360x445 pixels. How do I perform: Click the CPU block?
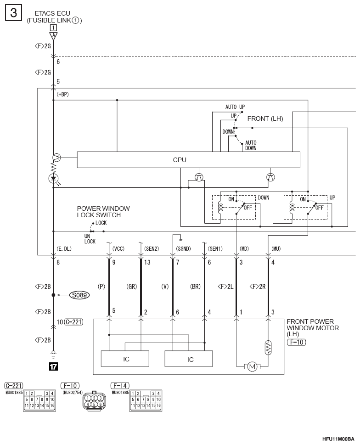point(188,160)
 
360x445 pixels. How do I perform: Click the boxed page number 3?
point(13,13)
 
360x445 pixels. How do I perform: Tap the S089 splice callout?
point(79,295)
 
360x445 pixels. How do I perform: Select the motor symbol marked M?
point(252,366)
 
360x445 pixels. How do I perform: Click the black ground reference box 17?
point(53,366)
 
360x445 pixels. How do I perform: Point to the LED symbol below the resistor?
point(53,179)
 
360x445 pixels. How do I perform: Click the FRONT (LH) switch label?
point(265,118)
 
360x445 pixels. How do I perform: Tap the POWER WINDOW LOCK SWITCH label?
point(103,212)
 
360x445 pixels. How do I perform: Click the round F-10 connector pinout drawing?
point(94,401)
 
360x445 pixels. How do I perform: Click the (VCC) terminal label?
point(118,249)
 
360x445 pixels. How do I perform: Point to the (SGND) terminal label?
point(183,249)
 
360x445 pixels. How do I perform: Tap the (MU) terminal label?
point(276,249)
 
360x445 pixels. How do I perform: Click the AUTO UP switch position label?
point(235,107)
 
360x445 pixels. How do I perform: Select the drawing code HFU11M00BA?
point(338,439)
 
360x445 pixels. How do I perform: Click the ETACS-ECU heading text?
point(52,13)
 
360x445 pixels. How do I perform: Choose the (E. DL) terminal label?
point(64,249)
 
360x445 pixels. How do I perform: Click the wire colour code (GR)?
point(132,287)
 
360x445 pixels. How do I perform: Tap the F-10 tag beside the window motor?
point(297,342)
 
